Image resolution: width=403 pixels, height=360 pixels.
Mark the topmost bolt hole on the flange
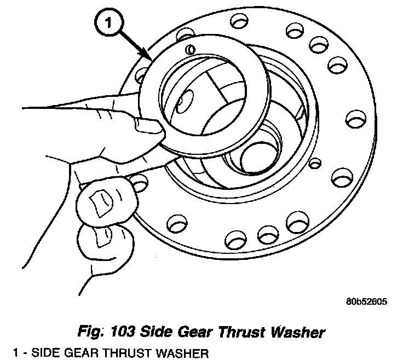click(239, 22)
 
